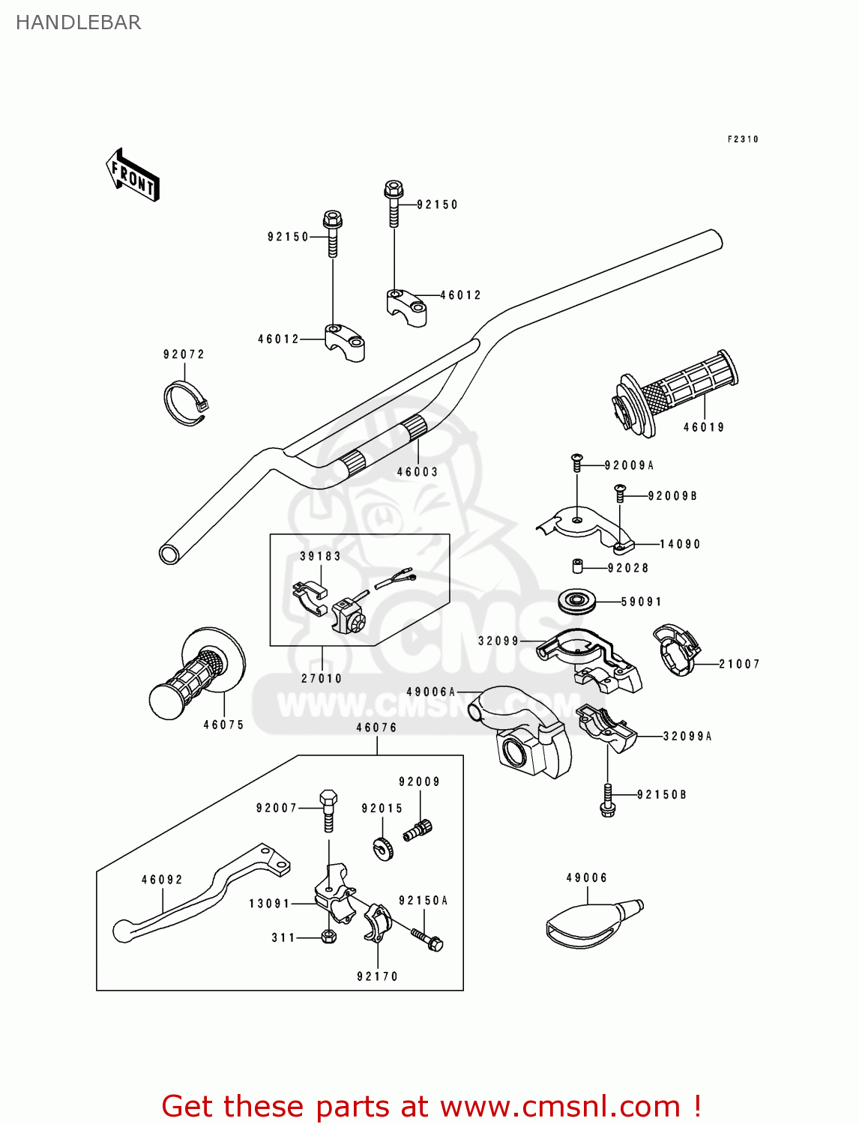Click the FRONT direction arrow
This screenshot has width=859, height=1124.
pos(133,175)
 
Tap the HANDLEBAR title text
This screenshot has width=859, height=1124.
pos(78,22)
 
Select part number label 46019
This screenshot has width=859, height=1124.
pos(704,427)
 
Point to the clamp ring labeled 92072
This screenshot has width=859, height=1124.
pos(184,404)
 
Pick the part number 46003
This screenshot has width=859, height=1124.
pos(418,472)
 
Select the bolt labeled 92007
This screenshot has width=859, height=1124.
pos(328,809)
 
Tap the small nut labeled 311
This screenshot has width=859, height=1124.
pos(328,937)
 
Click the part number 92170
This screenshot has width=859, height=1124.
pos(378,976)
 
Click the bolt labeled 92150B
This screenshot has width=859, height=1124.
pos(607,800)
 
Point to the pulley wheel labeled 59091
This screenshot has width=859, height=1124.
pos(577,601)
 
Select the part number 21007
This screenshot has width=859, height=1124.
pos(739,664)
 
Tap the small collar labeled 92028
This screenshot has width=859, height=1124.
pos(578,565)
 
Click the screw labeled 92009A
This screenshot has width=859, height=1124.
pos(576,462)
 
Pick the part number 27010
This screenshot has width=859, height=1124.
pos(322,678)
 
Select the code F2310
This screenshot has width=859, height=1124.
pos(743,139)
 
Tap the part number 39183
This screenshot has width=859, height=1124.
pos(320,556)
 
